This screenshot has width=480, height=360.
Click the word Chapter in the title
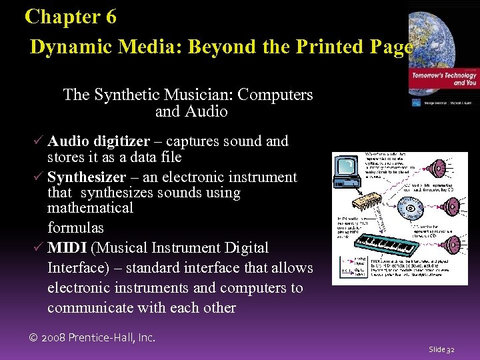coord(61,17)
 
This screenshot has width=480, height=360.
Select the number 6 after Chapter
coord(110,17)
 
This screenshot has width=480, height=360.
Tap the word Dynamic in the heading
coord(70,47)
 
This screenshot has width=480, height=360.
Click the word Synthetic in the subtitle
coord(128,95)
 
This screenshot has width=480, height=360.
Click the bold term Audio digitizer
coord(99,141)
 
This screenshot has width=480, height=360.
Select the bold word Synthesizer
coord(87,177)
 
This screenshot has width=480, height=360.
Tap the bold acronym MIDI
coord(67,248)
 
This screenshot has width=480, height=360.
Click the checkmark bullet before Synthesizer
coord(39,177)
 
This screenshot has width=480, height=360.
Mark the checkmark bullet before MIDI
coord(39,248)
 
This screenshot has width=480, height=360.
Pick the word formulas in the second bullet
coord(75,227)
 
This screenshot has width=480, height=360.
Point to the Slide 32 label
coord(441,349)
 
